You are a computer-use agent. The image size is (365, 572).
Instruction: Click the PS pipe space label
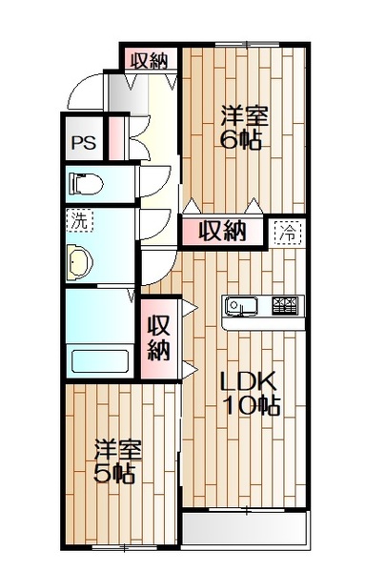[84, 143]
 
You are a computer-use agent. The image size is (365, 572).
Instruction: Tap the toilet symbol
[86, 184]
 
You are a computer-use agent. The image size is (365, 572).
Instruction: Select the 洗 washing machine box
[79, 220]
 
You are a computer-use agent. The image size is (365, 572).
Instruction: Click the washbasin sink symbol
[79, 262]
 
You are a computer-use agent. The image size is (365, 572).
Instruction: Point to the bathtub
[100, 361]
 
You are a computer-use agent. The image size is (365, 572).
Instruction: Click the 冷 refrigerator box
[288, 233]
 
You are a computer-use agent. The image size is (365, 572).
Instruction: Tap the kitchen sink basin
[241, 305]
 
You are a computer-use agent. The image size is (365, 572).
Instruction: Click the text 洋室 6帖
[244, 128]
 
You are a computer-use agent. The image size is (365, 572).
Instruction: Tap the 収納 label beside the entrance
[149, 60]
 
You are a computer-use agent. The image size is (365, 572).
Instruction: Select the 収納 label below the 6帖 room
[222, 231]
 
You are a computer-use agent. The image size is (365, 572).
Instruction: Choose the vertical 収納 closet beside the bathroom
[159, 337]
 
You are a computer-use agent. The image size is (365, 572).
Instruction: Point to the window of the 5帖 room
[124, 547]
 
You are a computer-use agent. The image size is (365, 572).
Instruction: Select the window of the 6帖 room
[247, 45]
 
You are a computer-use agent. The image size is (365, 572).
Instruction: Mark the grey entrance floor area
[126, 93]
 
